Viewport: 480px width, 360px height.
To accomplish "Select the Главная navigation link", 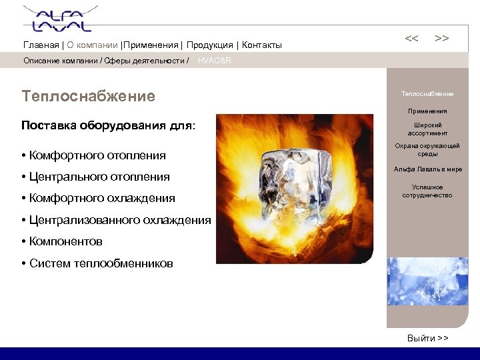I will point(41,45).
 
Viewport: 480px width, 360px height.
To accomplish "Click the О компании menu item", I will point(92,45).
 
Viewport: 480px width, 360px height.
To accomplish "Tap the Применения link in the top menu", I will point(151,45).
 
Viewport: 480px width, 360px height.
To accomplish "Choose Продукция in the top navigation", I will point(209,45).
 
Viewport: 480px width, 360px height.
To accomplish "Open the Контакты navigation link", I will point(262,45).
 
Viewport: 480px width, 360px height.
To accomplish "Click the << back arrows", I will point(412,39).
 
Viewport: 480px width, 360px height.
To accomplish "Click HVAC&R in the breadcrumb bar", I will point(215,61).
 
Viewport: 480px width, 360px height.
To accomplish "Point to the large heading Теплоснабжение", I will point(88,97).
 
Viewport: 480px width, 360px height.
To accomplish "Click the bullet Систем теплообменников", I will point(100,263).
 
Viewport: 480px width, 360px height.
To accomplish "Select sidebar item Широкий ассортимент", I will point(427,129).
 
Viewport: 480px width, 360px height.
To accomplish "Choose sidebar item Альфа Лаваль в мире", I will point(427,169).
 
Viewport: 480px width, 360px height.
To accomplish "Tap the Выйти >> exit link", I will point(427,338).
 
